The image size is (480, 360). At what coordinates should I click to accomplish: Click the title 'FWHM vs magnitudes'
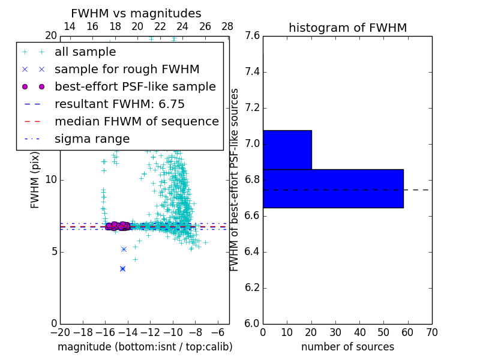pos(136,13)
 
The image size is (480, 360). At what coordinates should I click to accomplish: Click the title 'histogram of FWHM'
pos(347,28)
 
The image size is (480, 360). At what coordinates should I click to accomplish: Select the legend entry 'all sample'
pos(85,52)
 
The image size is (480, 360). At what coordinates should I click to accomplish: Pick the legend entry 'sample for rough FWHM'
pos(127,70)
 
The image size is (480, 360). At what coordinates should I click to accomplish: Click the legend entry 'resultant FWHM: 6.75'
pos(119,104)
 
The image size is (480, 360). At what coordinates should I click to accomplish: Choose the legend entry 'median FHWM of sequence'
pos(136,121)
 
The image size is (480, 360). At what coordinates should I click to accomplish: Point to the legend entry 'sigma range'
pos(92,139)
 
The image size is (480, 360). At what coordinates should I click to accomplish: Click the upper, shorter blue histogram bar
pos(287,149)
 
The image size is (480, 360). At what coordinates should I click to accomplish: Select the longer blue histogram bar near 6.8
pos(333,188)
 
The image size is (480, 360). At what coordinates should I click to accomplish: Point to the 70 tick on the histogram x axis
pos(431,332)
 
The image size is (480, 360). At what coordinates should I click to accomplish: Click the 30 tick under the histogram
pos(335,332)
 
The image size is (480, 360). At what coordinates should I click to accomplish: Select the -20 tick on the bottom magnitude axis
pos(60,332)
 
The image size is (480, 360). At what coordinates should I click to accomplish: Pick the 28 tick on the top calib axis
pos(227,26)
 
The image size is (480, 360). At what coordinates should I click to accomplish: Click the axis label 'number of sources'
pos(347,347)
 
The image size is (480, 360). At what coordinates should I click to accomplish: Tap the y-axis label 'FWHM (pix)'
pos(35,180)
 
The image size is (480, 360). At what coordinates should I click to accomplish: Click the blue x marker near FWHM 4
pos(122,269)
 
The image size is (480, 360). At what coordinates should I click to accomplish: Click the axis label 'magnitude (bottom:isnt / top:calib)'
pos(145,347)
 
